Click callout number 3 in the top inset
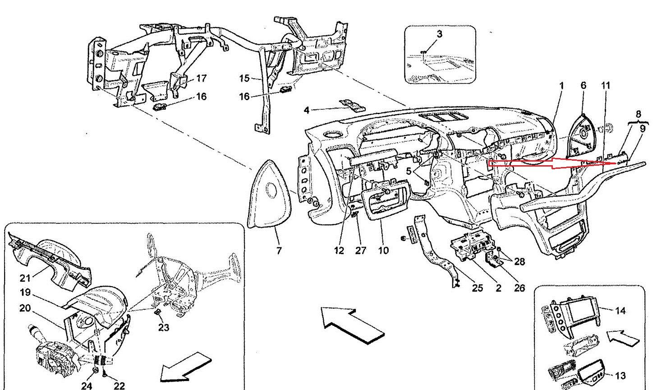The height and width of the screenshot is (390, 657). click(439, 34)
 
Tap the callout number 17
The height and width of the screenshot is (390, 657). click(201, 79)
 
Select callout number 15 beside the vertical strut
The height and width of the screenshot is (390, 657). click(244, 79)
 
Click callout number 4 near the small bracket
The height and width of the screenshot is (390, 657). click(307, 110)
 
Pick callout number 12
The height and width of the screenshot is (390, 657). click(339, 250)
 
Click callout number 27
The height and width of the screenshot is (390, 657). click(360, 250)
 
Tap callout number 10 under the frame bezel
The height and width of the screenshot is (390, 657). click(383, 250)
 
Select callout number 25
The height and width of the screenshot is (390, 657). click(477, 288)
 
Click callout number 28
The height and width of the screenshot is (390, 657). click(519, 261)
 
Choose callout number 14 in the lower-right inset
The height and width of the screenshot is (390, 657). click(620, 311)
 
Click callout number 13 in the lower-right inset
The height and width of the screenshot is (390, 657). click(620, 376)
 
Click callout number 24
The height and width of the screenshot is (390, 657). click(87, 385)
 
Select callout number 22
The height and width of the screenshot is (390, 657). click(119, 385)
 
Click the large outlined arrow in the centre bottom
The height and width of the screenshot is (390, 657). click(353, 324)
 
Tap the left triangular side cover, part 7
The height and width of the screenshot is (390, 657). click(270, 194)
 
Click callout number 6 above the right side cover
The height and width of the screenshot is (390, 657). click(583, 85)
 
